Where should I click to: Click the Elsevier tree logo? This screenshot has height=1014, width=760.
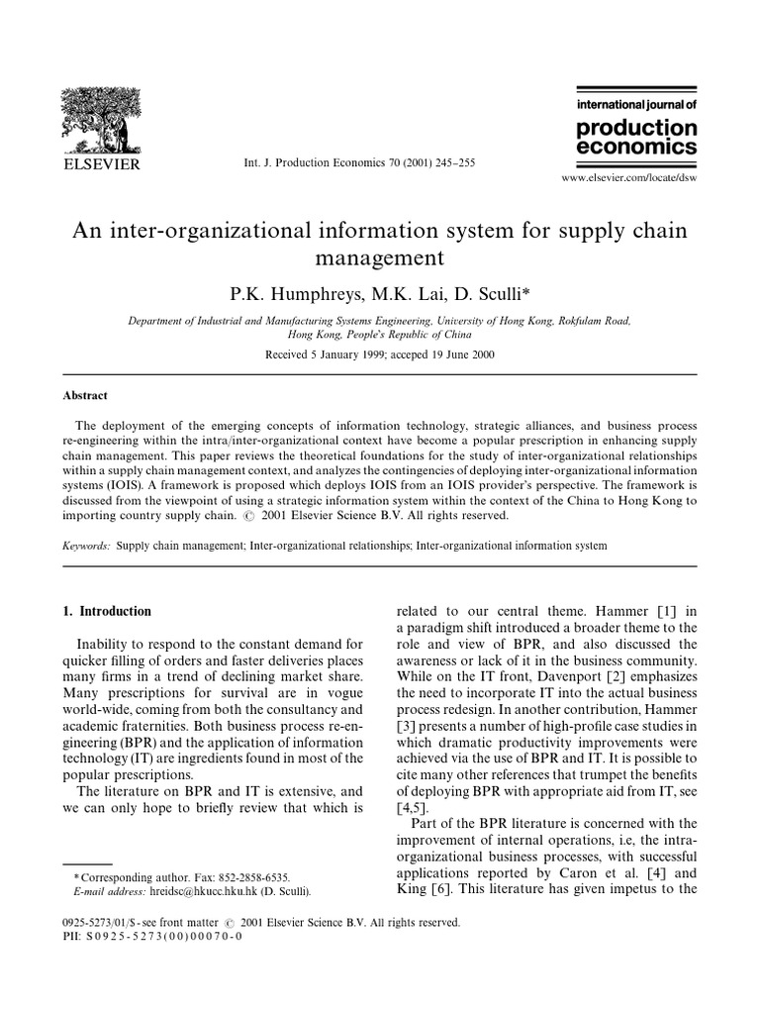[101, 117]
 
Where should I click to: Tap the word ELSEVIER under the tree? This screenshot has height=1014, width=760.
[102, 162]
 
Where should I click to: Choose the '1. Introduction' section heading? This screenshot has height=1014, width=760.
[107, 611]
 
